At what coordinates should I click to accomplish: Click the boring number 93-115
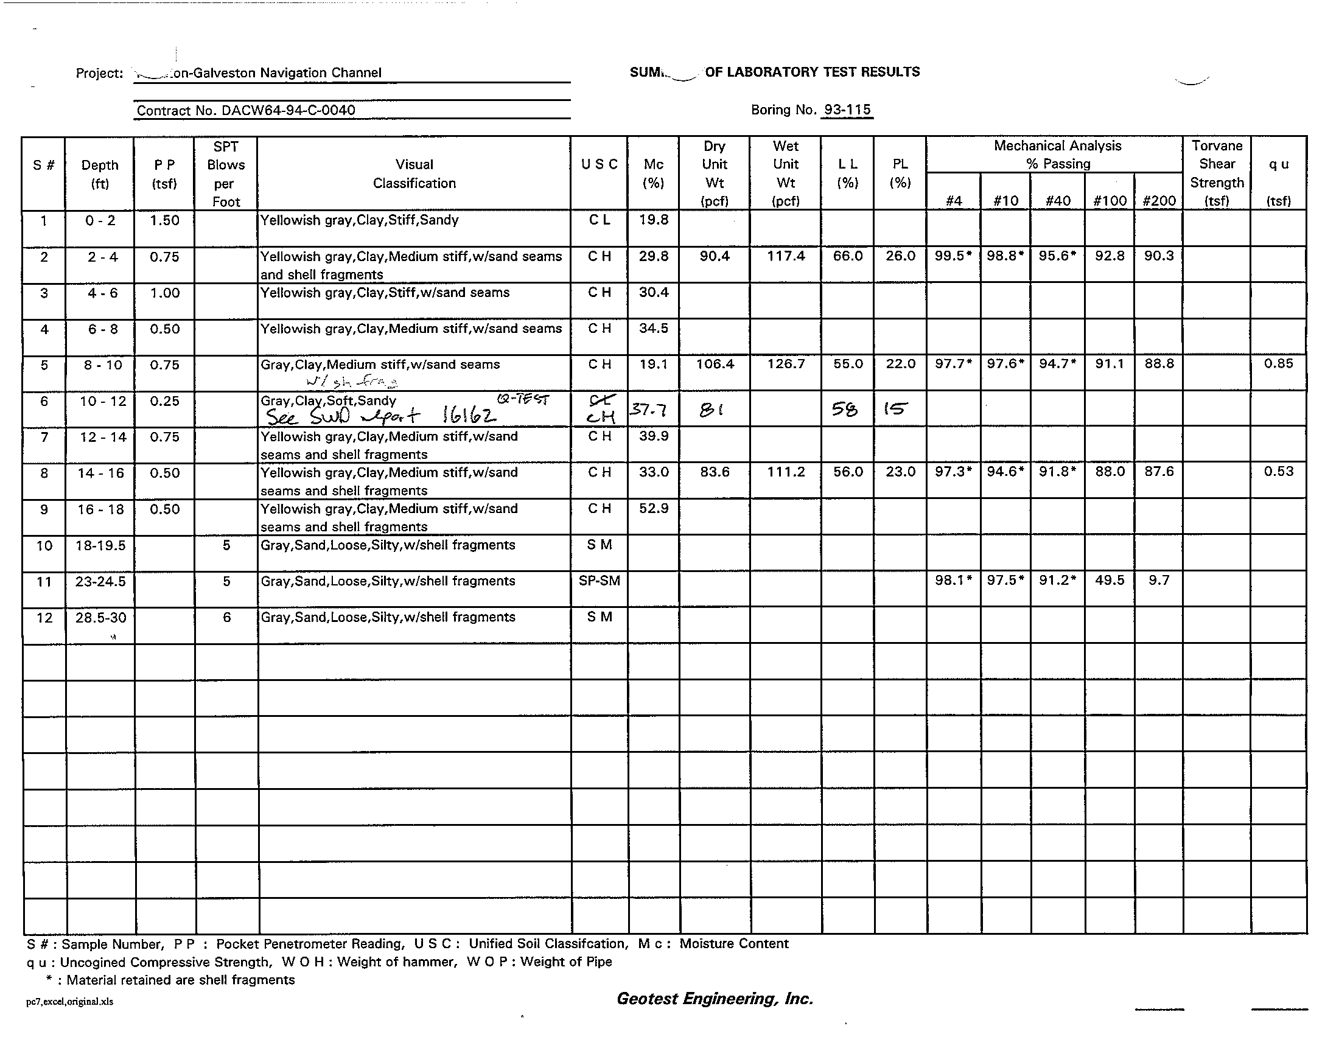(847, 110)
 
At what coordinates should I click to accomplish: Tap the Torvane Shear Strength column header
(1217, 173)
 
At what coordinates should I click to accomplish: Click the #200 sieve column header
(1159, 200)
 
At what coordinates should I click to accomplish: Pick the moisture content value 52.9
(654, 508)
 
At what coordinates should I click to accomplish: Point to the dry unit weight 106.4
(715, 364)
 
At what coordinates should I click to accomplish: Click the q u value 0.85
(1278, 363)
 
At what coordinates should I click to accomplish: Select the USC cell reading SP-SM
(599, 581)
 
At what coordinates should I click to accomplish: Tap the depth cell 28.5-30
(100, 617)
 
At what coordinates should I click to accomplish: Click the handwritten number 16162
(469, 417)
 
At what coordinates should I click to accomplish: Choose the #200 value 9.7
(1159, 580)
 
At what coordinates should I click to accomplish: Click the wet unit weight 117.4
(785, 256)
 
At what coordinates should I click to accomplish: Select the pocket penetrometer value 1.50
(164, 220)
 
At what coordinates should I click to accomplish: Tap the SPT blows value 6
(226, 617)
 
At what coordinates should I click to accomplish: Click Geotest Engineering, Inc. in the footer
(715, 999)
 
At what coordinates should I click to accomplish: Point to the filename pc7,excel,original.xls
(69, 1002)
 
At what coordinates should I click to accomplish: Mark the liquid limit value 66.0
(847, 256)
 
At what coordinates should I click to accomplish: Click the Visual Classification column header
(414, 173)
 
